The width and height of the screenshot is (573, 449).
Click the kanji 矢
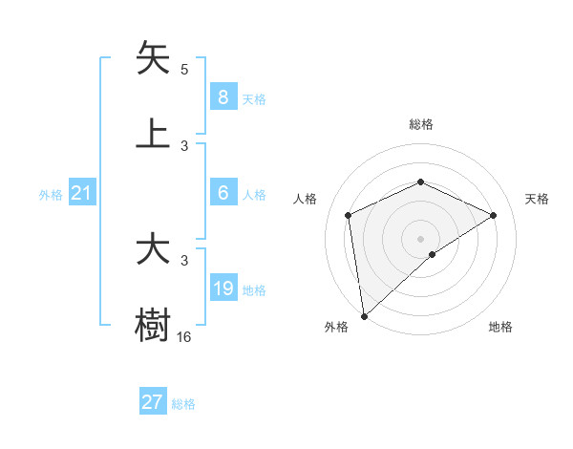point(153,59)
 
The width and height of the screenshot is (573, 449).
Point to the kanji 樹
point(153,325)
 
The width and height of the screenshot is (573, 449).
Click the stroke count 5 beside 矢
point(184,70)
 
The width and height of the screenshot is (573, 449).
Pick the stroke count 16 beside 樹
point(184,336)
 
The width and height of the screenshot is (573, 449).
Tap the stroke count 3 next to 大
point(184,260)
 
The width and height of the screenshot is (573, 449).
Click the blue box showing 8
point(223,96)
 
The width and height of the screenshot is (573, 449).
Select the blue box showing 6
point(223,193)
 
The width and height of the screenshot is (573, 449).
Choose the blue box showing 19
point(223,289)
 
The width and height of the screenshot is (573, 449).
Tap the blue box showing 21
point(82,193)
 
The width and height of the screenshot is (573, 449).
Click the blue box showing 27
point(152,402)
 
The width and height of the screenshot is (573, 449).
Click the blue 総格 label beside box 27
point(183,404)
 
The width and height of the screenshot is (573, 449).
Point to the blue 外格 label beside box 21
point(51,195)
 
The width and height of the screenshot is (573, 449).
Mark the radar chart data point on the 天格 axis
point(494,215)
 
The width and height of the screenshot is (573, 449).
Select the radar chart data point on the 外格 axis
point(363,315)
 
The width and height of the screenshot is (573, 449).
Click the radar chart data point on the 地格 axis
point(433,254)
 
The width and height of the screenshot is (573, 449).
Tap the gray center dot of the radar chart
point(420,238)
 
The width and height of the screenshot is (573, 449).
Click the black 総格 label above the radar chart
point(420,124)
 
